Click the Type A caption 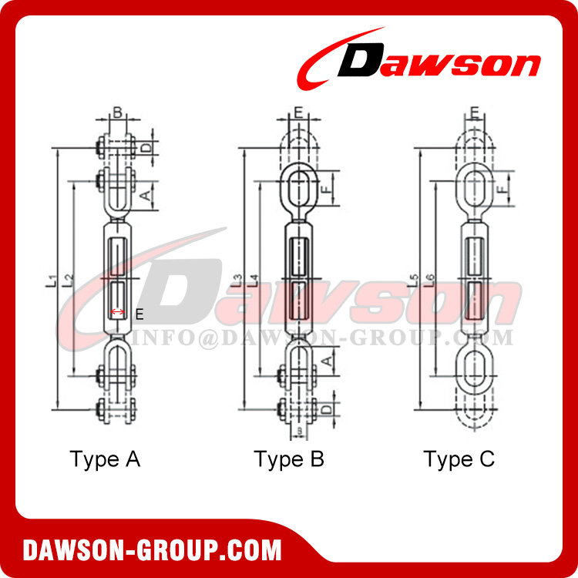[105, 459]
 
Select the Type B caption [289, 459]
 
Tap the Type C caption [459, 459]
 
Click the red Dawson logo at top [420, 62]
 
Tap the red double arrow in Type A [118, 312]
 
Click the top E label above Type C [475, 113]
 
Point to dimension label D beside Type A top [144, 146]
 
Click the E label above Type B [297, 113]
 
